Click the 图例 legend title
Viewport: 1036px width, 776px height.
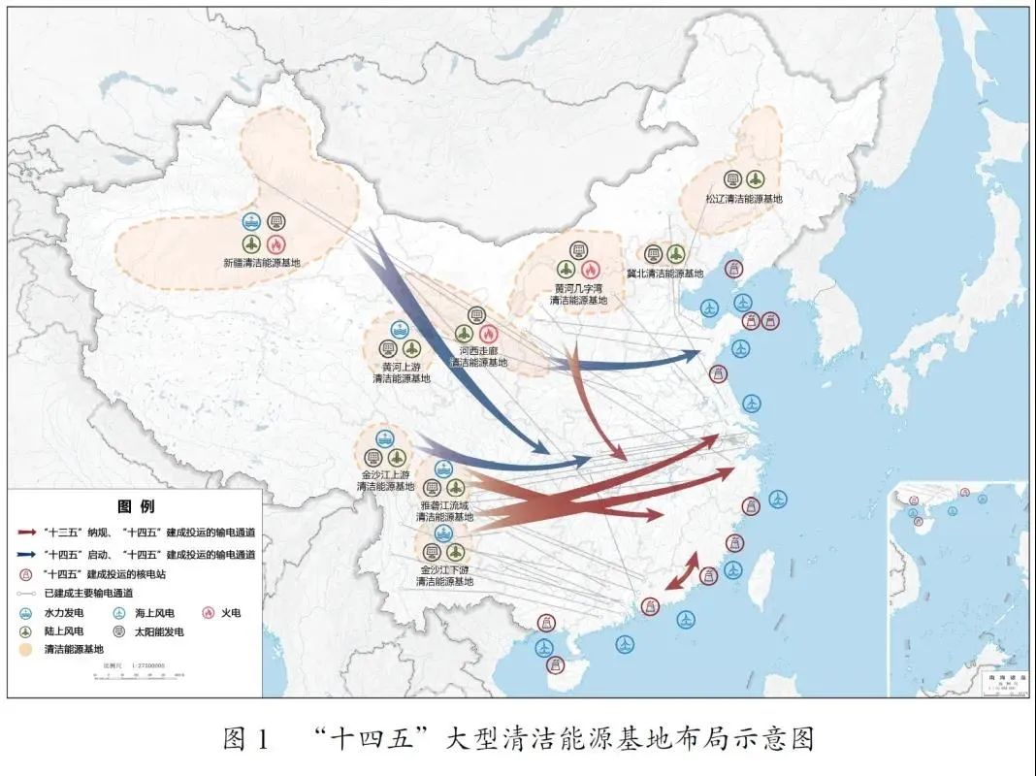(x=135, y=506)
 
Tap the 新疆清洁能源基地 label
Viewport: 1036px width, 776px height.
(x=261, y=263)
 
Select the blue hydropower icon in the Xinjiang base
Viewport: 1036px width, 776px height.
(x=252, y=222)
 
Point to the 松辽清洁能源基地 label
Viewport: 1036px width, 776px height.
(x=744, y=199)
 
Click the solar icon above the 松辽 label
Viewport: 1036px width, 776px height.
(x=734, y=179)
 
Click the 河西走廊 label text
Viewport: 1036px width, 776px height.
(x=478, y=352)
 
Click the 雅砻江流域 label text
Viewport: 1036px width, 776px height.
(x=444, y=505)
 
